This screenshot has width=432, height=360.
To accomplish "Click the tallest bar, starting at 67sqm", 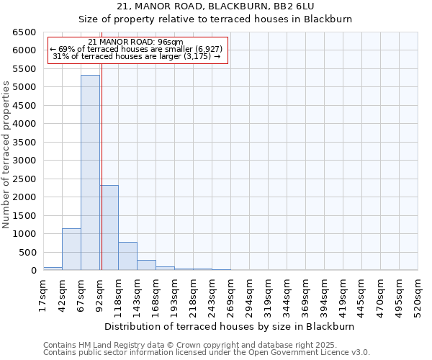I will pos(90,173).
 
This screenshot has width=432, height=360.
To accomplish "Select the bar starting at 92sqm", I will pos(109,228).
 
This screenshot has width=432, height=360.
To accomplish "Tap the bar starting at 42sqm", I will pos(71,249).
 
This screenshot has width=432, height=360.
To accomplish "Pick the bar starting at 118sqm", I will pos(127,256).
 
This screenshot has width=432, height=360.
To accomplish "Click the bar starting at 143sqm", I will pos(146,265).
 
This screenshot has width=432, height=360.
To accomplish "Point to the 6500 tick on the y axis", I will pos(24,32).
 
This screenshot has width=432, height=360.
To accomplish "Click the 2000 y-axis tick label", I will pos(24,197).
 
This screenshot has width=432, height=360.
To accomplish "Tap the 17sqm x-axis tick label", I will pos(43,295).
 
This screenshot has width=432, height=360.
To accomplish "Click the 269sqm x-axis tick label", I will pos(230,295).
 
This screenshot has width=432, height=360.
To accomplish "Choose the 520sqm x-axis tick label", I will pos(418,295).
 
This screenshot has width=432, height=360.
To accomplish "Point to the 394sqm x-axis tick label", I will pos(324,295).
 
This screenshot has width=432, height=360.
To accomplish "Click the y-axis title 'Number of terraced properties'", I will pos(6,154).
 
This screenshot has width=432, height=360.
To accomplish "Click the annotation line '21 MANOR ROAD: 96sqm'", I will pos(136,42).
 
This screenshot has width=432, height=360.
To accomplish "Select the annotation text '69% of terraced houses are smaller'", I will pos(136,49).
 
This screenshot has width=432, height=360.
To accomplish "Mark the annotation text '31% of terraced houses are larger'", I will pos(136,56).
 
